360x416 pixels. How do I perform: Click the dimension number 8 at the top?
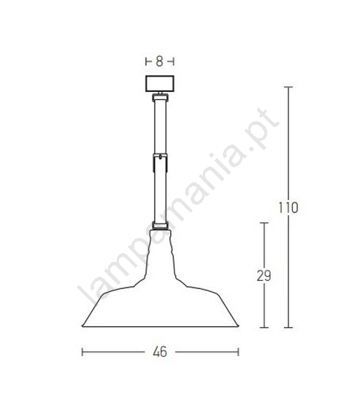159,61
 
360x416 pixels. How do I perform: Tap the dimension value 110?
288,207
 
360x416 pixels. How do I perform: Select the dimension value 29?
264,276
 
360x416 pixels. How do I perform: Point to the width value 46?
160,352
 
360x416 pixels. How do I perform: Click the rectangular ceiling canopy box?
160,84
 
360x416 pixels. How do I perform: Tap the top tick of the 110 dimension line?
288,87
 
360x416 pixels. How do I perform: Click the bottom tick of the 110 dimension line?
288,328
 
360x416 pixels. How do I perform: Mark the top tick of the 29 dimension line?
264,223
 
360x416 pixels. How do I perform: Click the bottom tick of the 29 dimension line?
264,328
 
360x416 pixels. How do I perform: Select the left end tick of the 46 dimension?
83,352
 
